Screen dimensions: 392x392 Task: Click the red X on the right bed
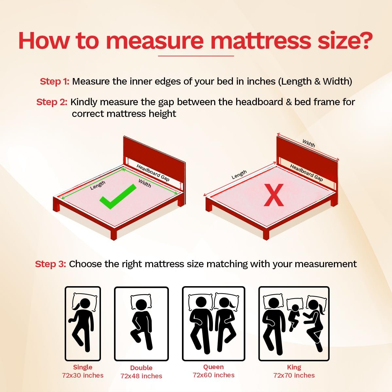274,195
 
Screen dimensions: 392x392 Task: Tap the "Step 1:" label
55,81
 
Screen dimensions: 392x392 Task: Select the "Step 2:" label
52,102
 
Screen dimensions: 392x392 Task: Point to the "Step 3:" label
50,264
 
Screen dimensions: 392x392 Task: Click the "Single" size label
83,367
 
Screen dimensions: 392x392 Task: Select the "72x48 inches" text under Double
141,376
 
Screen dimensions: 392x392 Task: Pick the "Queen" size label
213,367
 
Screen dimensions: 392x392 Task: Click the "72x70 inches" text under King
294,375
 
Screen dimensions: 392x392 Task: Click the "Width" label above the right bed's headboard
309,143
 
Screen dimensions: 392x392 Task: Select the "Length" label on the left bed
98,185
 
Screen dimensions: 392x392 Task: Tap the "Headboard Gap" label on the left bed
153,173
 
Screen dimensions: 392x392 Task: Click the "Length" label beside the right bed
239,174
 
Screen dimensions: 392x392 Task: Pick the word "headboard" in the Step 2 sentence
259,102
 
